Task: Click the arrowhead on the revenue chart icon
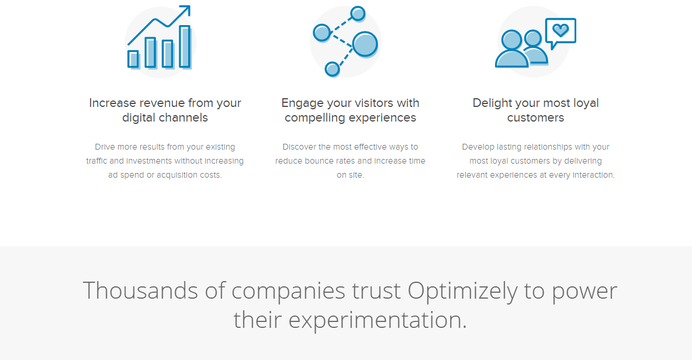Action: coord(186,10)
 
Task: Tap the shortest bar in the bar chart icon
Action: coord(133,59)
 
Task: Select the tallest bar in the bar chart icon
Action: coord(185,47)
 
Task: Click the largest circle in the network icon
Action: coord(365,44)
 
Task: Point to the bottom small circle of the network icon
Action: coord(332,69)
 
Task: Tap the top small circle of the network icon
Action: coord(358,13)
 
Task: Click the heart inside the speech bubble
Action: coord(560,30)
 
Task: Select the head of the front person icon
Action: coord(513,40)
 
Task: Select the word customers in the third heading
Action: coord(535,118)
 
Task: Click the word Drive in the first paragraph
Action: coord(105,147)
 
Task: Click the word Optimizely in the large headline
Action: coord(462,292)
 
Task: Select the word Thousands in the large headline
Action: coord(140,290)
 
